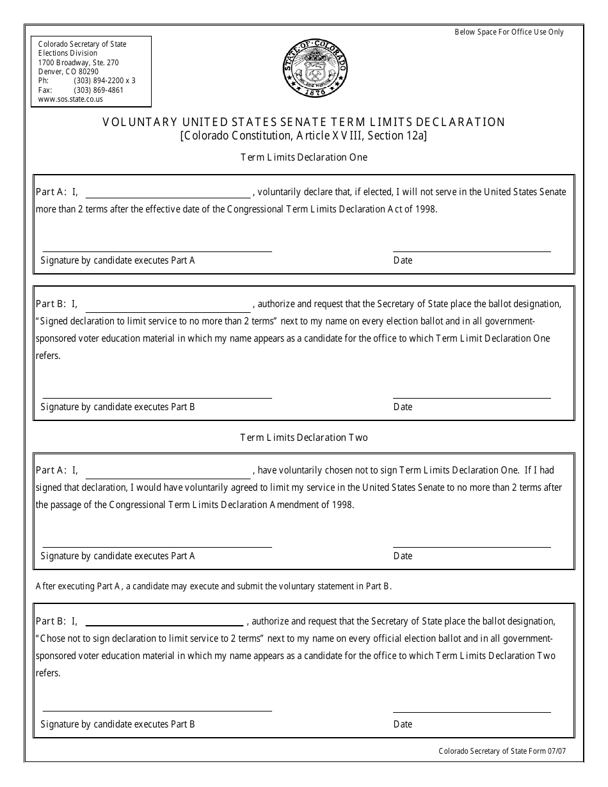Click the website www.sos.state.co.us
click(x=70, y=99)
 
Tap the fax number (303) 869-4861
click(x=99, y=90)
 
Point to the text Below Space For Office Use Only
click(x=509, y=32)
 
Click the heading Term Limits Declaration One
click(x=304, y=157)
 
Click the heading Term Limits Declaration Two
click(x=304, y=438)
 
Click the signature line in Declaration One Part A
click(x=157, y=250)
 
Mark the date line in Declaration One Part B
click(x=472, y=397)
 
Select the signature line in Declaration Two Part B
click(x=157, y=710)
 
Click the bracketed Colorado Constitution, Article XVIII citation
click(x=304, y=136)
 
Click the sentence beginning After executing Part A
click(x=214, y=585)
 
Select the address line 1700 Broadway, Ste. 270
click(x=78, y=63)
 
